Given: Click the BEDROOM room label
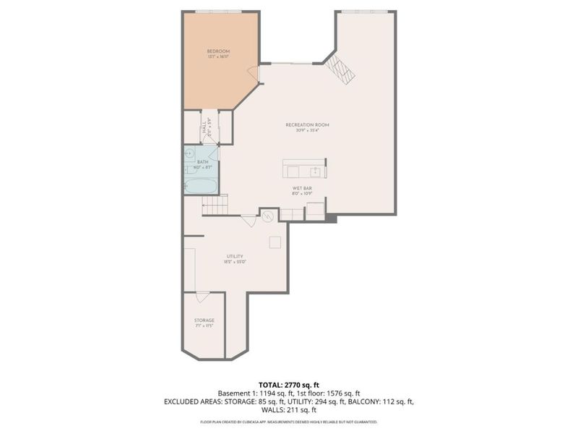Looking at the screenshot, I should (218, 51).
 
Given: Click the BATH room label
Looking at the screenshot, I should (202, 161).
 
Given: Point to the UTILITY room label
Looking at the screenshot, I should (234, 256).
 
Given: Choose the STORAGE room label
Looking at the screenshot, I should (204, 320).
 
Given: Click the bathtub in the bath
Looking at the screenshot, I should (200, 185).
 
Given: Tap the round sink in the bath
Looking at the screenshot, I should (190, 153).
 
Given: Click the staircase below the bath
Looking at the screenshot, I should (215, 205).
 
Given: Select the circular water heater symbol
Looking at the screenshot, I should (267, 215).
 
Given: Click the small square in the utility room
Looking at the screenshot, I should (275, 242).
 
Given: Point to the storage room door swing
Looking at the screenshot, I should (203, 297).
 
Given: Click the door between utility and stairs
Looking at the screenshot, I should (249, 221).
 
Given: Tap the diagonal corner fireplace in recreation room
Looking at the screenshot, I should (339, 69).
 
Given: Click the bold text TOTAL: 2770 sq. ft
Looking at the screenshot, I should (289, 384).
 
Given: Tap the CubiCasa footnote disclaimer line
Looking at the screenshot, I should (289, 421).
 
